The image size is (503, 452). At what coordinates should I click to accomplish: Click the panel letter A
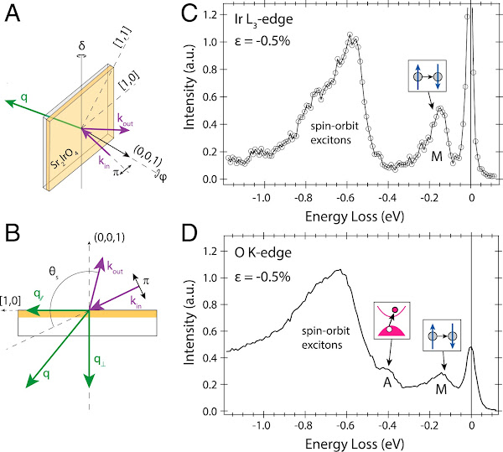tap(12, 13)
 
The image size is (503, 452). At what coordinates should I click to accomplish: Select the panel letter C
tap(190, 13)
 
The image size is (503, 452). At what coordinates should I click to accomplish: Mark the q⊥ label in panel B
tap(99, 362)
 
